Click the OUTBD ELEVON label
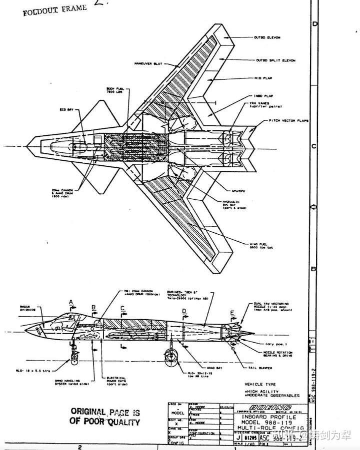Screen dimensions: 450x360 pos(268,37)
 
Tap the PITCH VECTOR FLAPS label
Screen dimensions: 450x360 pos(288,121)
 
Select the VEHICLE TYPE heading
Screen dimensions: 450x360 pos(259,384)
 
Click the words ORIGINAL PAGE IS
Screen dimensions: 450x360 pos(105,412)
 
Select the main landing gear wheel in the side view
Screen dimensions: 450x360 pos(170,356)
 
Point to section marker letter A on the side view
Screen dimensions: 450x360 pos(71,302)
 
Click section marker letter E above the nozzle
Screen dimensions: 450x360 pos(231,313)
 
